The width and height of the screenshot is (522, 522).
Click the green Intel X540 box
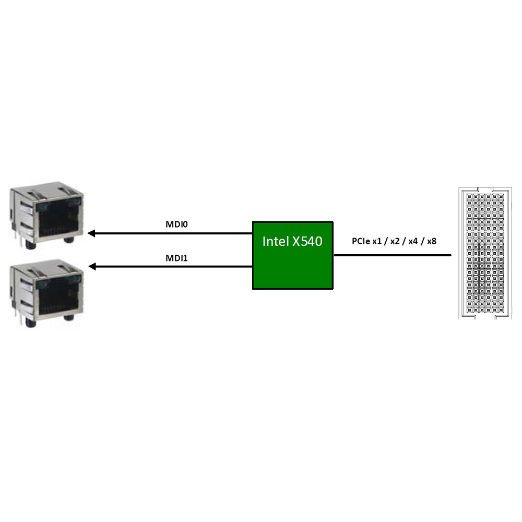pyautogui.click(x=293, y=255)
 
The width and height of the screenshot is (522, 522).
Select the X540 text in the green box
pyautogui.click(x=307, y=241)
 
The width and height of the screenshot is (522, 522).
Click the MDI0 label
pyautogui.click(x=176, y=224)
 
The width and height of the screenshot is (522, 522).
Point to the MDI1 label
pyautogui.click(x=176, y=258)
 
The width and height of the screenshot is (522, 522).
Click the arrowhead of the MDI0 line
pyautogui.click(x=91, y=233)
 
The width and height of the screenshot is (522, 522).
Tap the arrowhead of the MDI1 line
pyautogui.click(x=92, y=266)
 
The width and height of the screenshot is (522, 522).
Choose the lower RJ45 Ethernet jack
pyautogui.click(x=46, y=293)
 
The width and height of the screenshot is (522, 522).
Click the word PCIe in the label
pyautogui.click(x=361, y=241)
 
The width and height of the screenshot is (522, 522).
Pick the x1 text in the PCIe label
pyautogui.click(x=377, y=241)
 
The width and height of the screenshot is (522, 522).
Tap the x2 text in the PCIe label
pyautogui.click(x=395, y=241)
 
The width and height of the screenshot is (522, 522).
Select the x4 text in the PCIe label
pyautogui.click(x=413, y=241)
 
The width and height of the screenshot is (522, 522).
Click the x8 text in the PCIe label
pyautogui.click(x=432, y=241)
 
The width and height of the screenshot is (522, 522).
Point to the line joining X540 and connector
pyautogui.click(x=393, y=255)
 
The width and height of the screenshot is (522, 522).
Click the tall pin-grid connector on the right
pyautogui.click(x=485, y=253)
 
